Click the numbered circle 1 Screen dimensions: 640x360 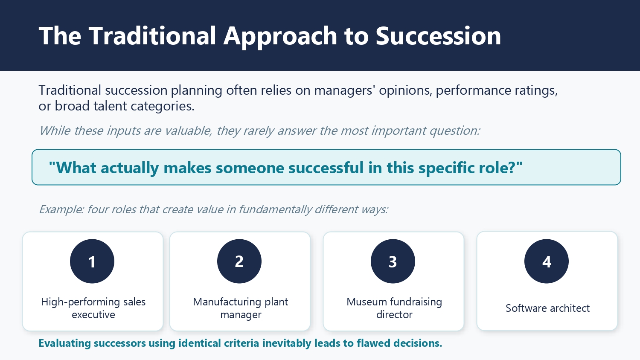(92, 261)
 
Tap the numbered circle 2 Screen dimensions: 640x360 (239, 261)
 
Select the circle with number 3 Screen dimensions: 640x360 (393, 261)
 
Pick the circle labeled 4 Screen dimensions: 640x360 (547, 261)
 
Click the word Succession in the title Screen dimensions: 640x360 (438, 36)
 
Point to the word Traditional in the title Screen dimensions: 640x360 (152, 36)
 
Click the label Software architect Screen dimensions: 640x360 (547, 308)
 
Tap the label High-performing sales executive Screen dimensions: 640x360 (93, 308)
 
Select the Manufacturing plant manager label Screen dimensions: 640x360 (241, 308)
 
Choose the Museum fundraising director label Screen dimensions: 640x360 (394, 308)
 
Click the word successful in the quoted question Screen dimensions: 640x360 (326, 168)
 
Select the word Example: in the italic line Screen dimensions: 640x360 (61, 209)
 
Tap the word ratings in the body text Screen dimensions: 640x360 (535, 90)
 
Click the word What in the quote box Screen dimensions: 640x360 (76, 168)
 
